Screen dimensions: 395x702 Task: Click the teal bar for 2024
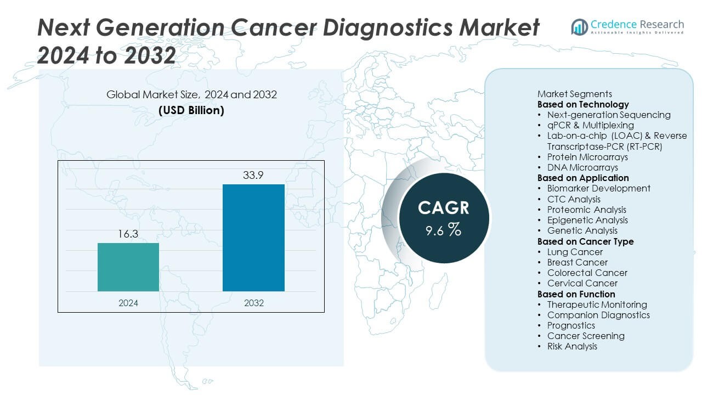click(x=128, y=267)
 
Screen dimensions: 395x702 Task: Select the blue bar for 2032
click(x=253, y=238)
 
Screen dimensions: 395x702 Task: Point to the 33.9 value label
click(x=253, y=176)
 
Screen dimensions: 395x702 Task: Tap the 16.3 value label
click(x=128, y=234)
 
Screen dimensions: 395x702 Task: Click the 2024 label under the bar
click(x=128, y=303)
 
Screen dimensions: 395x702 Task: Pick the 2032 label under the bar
click(x=253, y=303)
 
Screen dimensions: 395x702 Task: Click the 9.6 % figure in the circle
click(x=444, y=230)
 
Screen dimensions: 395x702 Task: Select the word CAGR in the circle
click(x=444, y=208)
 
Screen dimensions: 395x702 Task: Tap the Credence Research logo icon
click(x=579, y=26)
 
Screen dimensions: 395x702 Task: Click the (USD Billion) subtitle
click(x=191, y=110)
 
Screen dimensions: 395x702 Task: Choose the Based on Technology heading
click(x=583, y=104)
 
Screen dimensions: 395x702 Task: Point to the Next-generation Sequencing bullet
click(x=609, y=115)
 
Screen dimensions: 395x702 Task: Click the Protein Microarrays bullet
click(x=587, y=157)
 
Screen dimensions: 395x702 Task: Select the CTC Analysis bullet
click(x=574, y=199)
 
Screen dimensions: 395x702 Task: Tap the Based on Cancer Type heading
click(x=585, y=241)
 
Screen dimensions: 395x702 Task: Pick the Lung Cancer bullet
click(x=575, y=252)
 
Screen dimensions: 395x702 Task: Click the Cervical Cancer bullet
click(x=582, y=283)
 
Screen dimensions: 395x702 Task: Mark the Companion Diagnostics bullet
click(x=598, y=315)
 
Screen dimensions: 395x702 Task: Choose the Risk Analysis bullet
click(x=572, y=346)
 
